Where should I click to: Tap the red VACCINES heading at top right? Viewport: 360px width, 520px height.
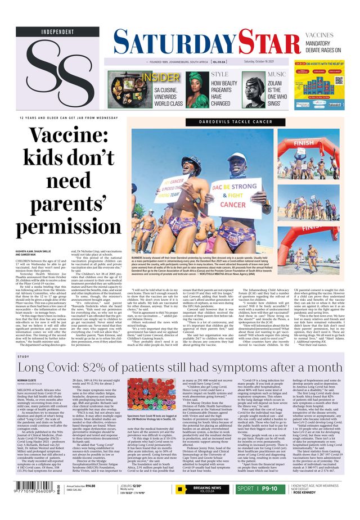click(335, 35)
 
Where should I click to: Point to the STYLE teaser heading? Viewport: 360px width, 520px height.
click(219, 74)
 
